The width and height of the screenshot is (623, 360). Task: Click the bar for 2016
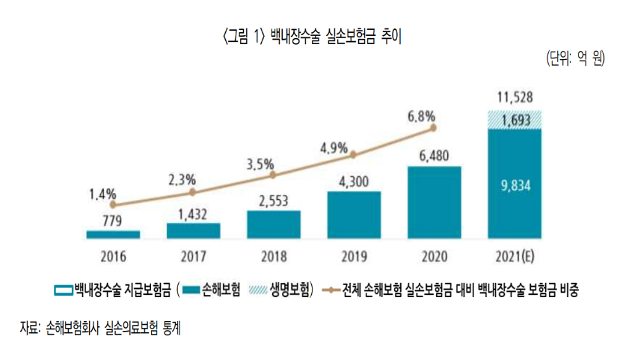point(113,234)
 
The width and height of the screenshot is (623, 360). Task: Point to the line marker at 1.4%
point(113,204)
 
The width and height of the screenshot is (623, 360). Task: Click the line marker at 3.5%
point(274,175)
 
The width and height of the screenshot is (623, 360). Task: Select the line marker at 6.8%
point(434,129)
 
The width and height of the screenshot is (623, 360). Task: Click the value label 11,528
point(515,97)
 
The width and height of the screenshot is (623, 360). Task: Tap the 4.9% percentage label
point(334,147)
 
